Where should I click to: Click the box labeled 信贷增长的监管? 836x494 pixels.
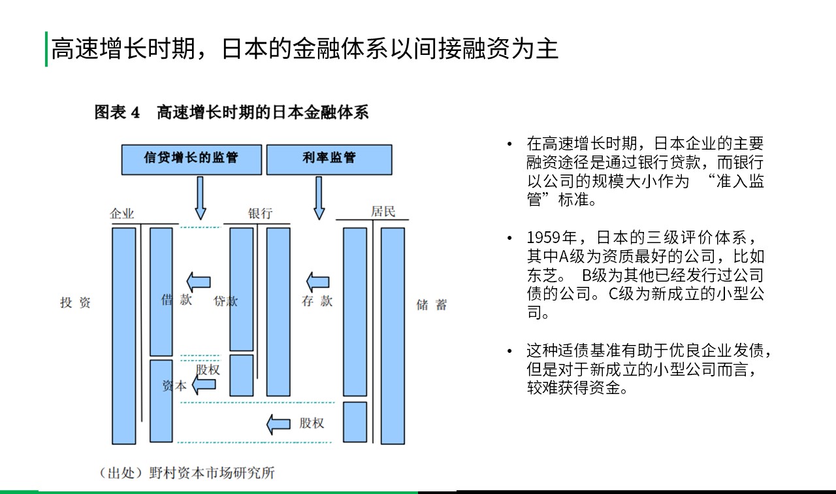pos(191,159)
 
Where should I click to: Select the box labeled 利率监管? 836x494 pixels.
pos(329,159)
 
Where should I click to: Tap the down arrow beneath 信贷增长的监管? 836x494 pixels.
pos(201,198)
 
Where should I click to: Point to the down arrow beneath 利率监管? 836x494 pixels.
pos(319,198)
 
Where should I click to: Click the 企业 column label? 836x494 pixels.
pos(121,214)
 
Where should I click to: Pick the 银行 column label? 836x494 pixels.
pos(260,213)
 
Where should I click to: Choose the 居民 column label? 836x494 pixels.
pos(383,211)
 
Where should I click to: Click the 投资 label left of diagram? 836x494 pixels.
pos(75,303)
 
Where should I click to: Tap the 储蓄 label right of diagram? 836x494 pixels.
pos(432,305)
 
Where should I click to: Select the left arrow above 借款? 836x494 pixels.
pos(199,282)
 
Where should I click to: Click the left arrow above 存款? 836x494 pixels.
pos(317,282)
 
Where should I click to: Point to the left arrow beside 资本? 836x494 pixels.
pos(204,384)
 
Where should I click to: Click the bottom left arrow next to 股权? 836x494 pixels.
pos(278,424)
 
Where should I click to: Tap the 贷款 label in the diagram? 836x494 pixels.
pos(225,301)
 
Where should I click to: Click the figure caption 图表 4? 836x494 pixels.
pos(117,112)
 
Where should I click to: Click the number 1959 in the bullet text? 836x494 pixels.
pos(544,237)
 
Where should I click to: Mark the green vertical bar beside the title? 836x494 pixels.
pos(46,49)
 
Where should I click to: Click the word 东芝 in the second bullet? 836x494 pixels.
pos(543,275)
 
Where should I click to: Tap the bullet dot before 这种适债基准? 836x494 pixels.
pos(510,351)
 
